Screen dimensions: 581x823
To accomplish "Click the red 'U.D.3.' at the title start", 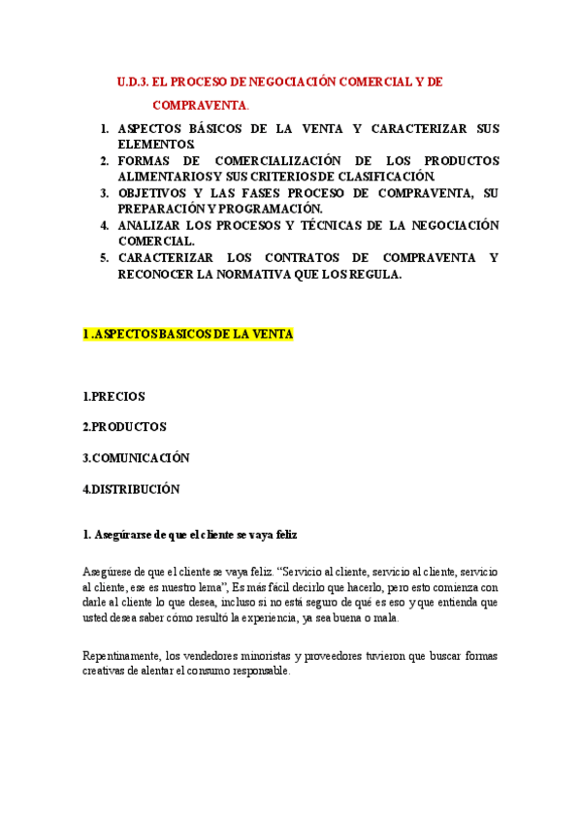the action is (132, 82).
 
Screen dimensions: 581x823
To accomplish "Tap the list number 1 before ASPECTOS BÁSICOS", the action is (105, 129).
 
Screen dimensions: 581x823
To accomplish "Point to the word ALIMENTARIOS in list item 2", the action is (160, 176).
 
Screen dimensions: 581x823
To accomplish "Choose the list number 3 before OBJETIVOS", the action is (105, 193).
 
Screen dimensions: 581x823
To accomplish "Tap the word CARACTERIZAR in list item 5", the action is (163, 257).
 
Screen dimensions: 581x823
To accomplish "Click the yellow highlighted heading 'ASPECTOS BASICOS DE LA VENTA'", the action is (188, 334).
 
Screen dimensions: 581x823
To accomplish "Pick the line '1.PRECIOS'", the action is (114, 396).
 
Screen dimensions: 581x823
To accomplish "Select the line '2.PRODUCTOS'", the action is (124, 427).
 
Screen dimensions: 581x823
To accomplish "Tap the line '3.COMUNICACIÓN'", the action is (136, 458).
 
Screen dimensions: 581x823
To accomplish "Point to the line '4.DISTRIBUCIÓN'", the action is (131, 489).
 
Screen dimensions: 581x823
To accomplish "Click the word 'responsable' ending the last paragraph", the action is (257, 672).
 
